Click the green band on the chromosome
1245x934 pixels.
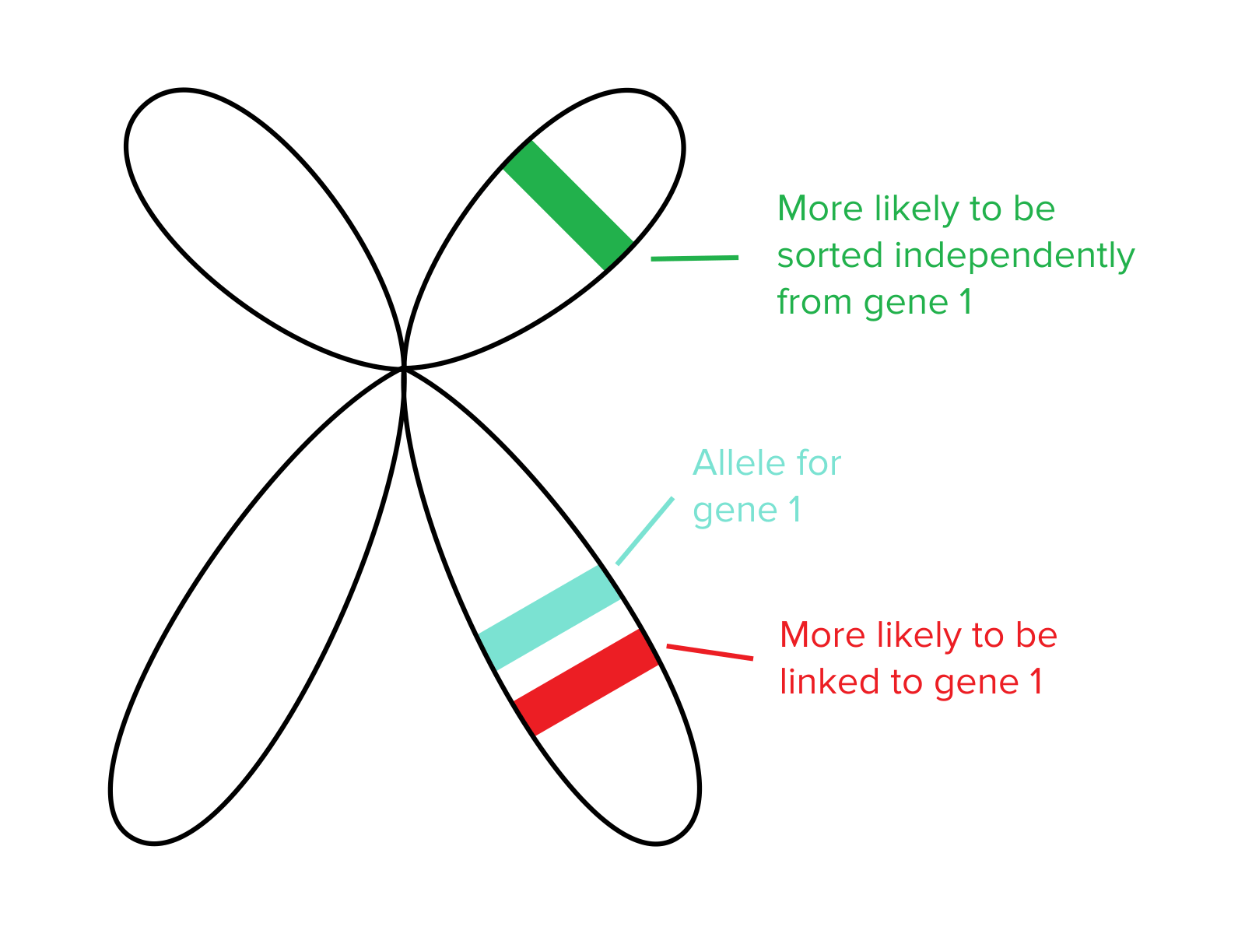[568, 205]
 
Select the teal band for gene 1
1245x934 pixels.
[550, 617]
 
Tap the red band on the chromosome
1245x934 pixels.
[587, 682]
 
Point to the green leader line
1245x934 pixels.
[694, 258]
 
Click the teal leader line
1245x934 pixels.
[645, 531]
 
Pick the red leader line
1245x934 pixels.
[710, 652]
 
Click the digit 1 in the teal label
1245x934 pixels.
[794, 510]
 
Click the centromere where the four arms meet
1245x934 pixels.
[404, 368]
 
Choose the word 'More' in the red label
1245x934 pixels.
[822, 635]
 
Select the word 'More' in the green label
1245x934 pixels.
[820, 209]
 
